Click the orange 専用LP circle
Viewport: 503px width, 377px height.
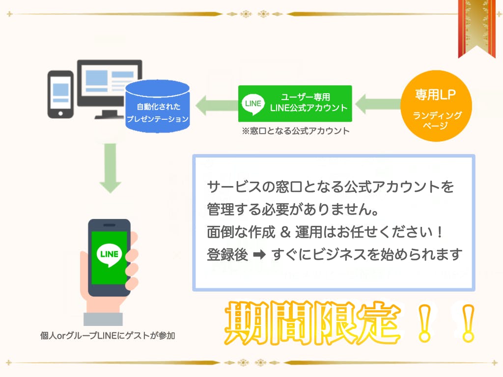(436, 106)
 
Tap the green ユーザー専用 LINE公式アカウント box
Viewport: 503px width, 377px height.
(295, 104)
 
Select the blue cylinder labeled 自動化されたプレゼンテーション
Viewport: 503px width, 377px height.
(157, 107)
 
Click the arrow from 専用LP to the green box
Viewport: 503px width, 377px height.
(378, 104)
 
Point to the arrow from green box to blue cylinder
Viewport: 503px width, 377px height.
(217, 105)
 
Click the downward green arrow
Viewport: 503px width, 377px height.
(111, 168)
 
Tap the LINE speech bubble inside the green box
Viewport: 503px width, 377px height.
(253, 104)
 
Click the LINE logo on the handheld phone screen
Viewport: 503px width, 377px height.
(109, 255)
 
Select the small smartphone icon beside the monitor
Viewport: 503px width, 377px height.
(60, 95)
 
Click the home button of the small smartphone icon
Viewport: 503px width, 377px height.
(60, 113)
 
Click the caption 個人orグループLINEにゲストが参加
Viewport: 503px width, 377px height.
(108, 336)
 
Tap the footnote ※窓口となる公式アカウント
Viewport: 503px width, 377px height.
(295, 131)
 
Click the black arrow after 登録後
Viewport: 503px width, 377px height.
(259, 255)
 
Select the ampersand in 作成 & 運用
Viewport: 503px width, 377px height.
(285, 232)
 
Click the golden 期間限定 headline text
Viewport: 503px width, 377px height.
(313, 323)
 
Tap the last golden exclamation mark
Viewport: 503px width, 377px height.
(468, 323)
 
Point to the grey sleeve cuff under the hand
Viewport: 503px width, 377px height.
(103, 319)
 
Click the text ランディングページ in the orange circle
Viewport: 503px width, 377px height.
(437, 120)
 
